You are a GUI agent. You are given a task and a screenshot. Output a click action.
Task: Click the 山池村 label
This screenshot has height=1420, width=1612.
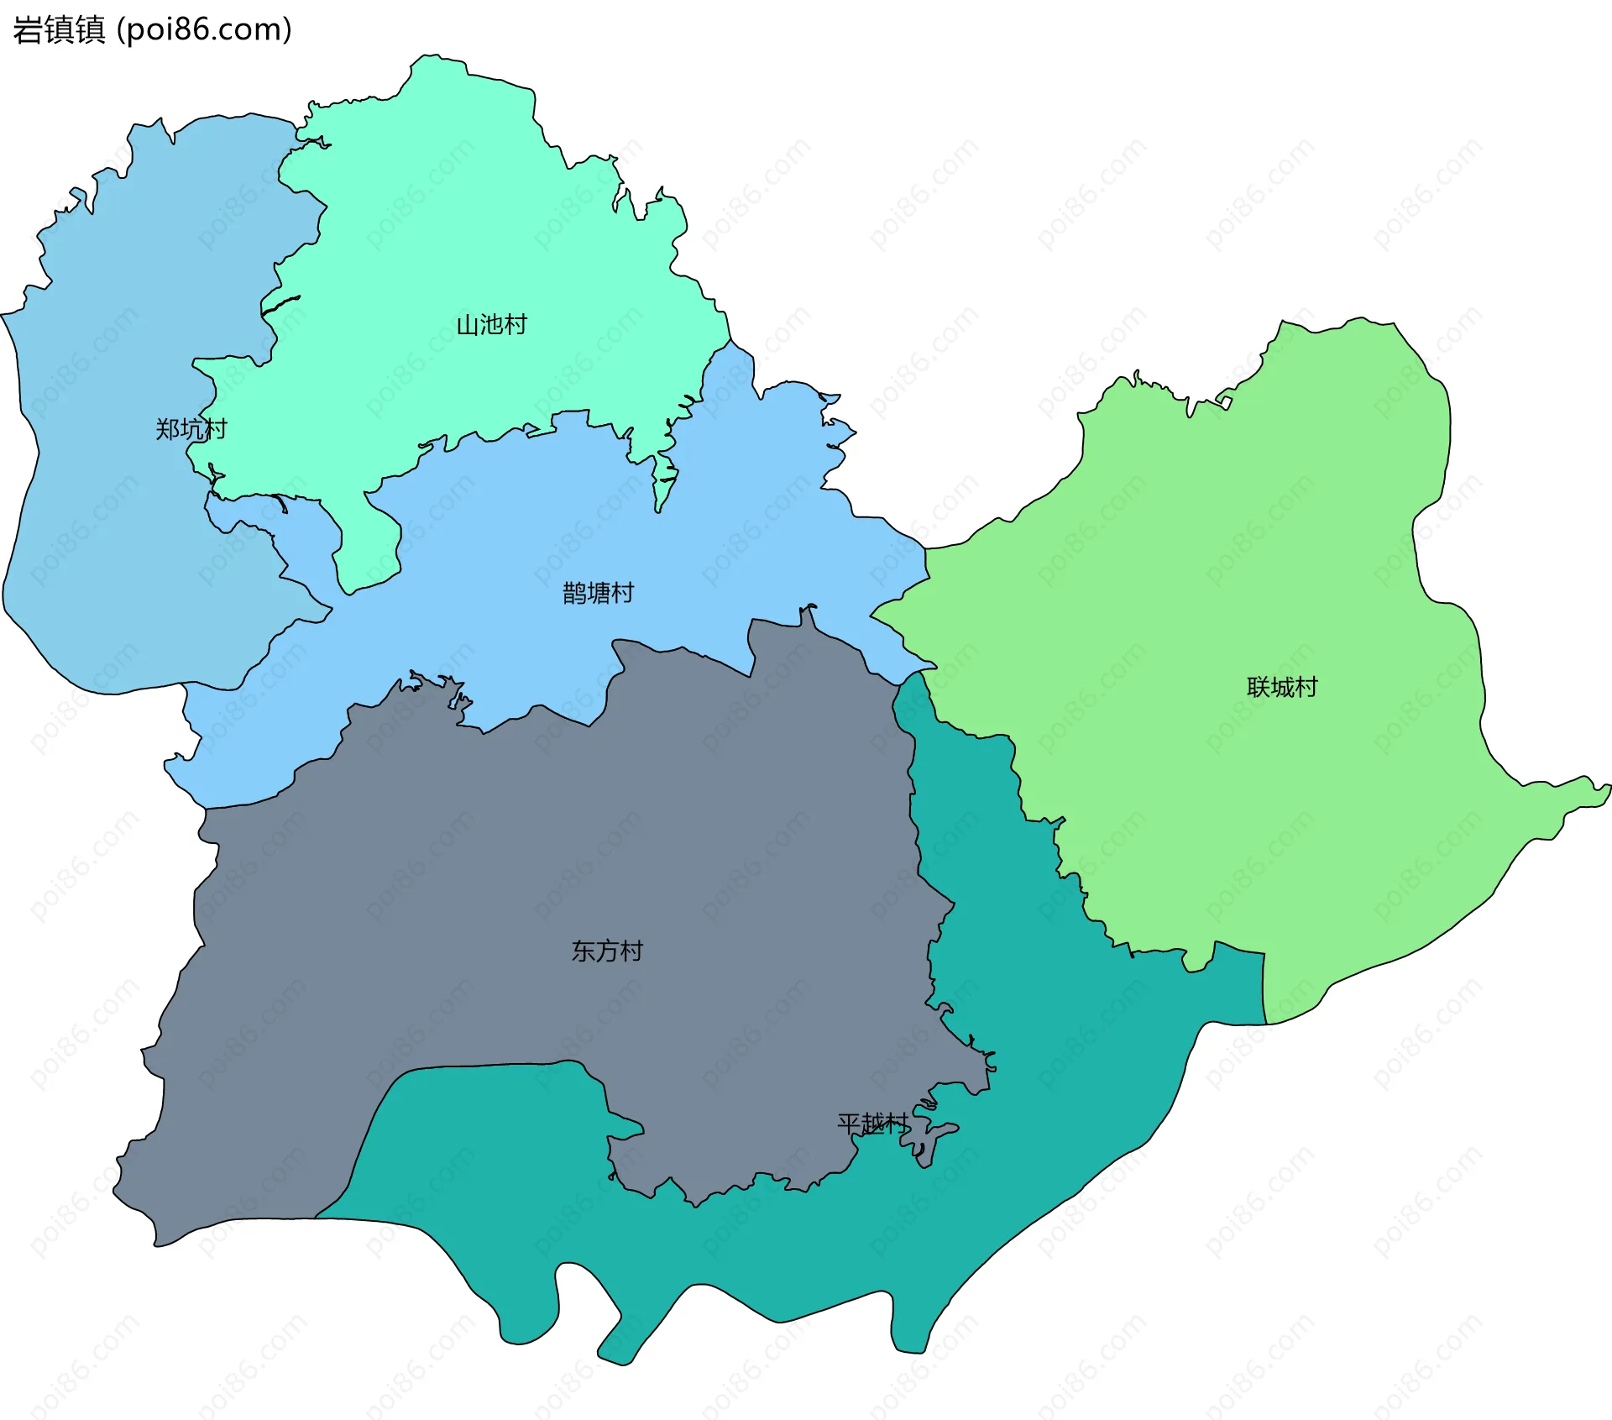491,325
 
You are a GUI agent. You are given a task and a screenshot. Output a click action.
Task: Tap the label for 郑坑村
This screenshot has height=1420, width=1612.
191,429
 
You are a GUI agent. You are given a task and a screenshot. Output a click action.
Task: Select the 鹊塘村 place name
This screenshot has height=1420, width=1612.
598,594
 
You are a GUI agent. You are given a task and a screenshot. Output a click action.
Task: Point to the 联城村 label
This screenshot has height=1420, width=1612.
1282,688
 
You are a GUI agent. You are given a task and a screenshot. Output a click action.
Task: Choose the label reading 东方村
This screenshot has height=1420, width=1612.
607,951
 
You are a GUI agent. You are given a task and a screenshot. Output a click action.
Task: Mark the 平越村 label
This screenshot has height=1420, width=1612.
873,1124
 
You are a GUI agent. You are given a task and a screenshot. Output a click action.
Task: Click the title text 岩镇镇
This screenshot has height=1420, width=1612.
59,30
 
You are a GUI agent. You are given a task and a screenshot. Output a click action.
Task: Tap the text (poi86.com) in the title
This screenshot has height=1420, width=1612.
204,30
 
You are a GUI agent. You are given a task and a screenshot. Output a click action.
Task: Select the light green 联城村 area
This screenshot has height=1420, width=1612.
1259,546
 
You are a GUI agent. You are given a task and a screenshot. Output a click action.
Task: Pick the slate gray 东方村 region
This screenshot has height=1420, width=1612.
504,882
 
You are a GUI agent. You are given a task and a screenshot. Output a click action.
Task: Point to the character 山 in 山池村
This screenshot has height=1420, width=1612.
468,325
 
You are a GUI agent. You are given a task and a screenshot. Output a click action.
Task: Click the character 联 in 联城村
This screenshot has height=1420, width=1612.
1259,688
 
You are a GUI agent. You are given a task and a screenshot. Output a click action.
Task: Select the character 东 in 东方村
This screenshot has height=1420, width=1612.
584,951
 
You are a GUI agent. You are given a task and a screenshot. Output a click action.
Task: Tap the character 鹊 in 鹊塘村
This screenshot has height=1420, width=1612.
574,594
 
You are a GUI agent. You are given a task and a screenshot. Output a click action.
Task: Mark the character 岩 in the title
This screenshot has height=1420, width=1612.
28,30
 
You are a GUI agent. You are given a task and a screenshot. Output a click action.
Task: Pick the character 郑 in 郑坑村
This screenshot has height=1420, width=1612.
167,429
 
